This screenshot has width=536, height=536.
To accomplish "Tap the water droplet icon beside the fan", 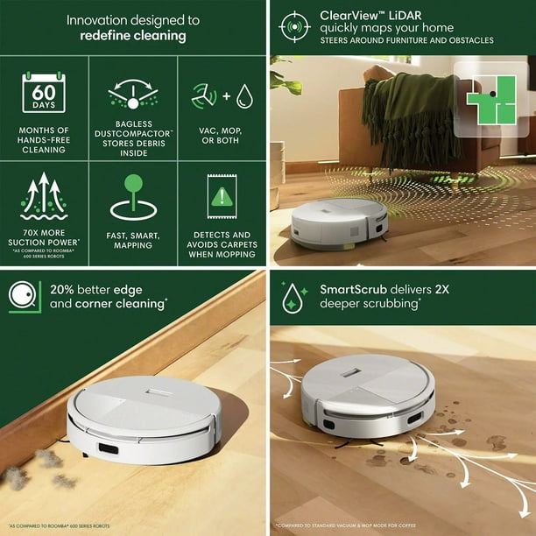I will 244,95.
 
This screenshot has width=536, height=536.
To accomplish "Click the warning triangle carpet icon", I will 222,198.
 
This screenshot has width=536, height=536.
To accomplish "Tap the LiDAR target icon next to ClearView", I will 294,26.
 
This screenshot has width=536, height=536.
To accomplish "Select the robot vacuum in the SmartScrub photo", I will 368,398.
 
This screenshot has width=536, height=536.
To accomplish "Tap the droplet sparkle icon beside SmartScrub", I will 291,297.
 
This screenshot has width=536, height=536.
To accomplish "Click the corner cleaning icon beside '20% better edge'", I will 25,297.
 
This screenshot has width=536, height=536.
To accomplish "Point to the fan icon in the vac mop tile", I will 202,95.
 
